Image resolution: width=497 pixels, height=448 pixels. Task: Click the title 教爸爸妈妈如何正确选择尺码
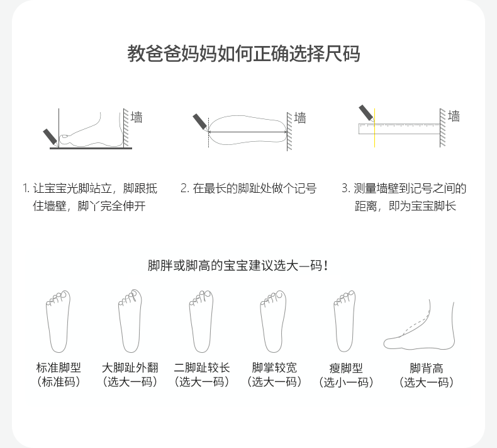[243, 54]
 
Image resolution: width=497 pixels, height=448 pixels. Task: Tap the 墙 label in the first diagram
[137, 117]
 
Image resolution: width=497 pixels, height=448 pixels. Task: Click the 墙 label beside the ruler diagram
[454, 117]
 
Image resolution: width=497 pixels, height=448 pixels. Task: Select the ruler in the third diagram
[399, 129]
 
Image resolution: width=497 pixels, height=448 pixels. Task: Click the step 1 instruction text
[89, 197]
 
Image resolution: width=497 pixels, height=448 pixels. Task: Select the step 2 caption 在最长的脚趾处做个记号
[248, 188]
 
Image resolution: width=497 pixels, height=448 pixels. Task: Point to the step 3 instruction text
[404, 197]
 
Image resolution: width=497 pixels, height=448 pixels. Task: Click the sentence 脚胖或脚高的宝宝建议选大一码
[238, 266]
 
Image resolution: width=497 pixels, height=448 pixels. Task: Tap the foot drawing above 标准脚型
[58, 321]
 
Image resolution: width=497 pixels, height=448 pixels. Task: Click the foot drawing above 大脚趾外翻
[130, 321]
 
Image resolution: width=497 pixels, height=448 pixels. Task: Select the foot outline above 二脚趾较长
[201, 321]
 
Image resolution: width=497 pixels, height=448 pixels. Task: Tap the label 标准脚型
[59, 368]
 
